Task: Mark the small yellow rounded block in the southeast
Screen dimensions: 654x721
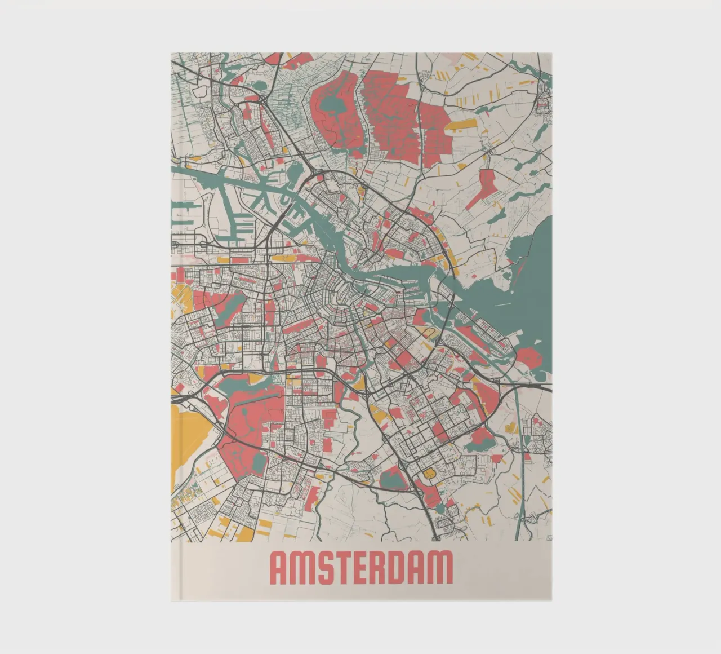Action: coord(429,474)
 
